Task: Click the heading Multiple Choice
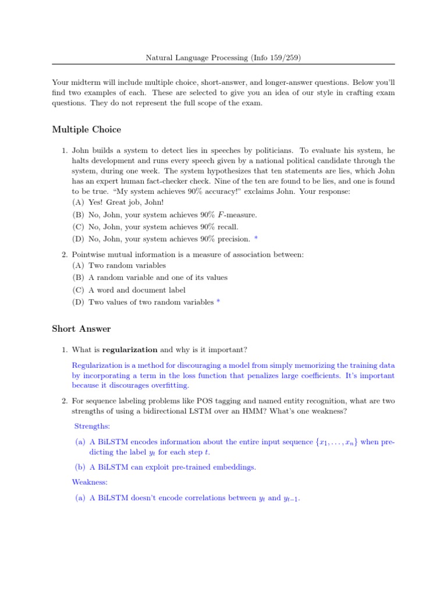86,129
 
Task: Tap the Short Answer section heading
81,329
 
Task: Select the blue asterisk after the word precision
256,239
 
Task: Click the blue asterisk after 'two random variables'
218,301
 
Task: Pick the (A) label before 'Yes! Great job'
78,202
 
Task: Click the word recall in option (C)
227,227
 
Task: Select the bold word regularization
130,350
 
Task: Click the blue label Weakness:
89,482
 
